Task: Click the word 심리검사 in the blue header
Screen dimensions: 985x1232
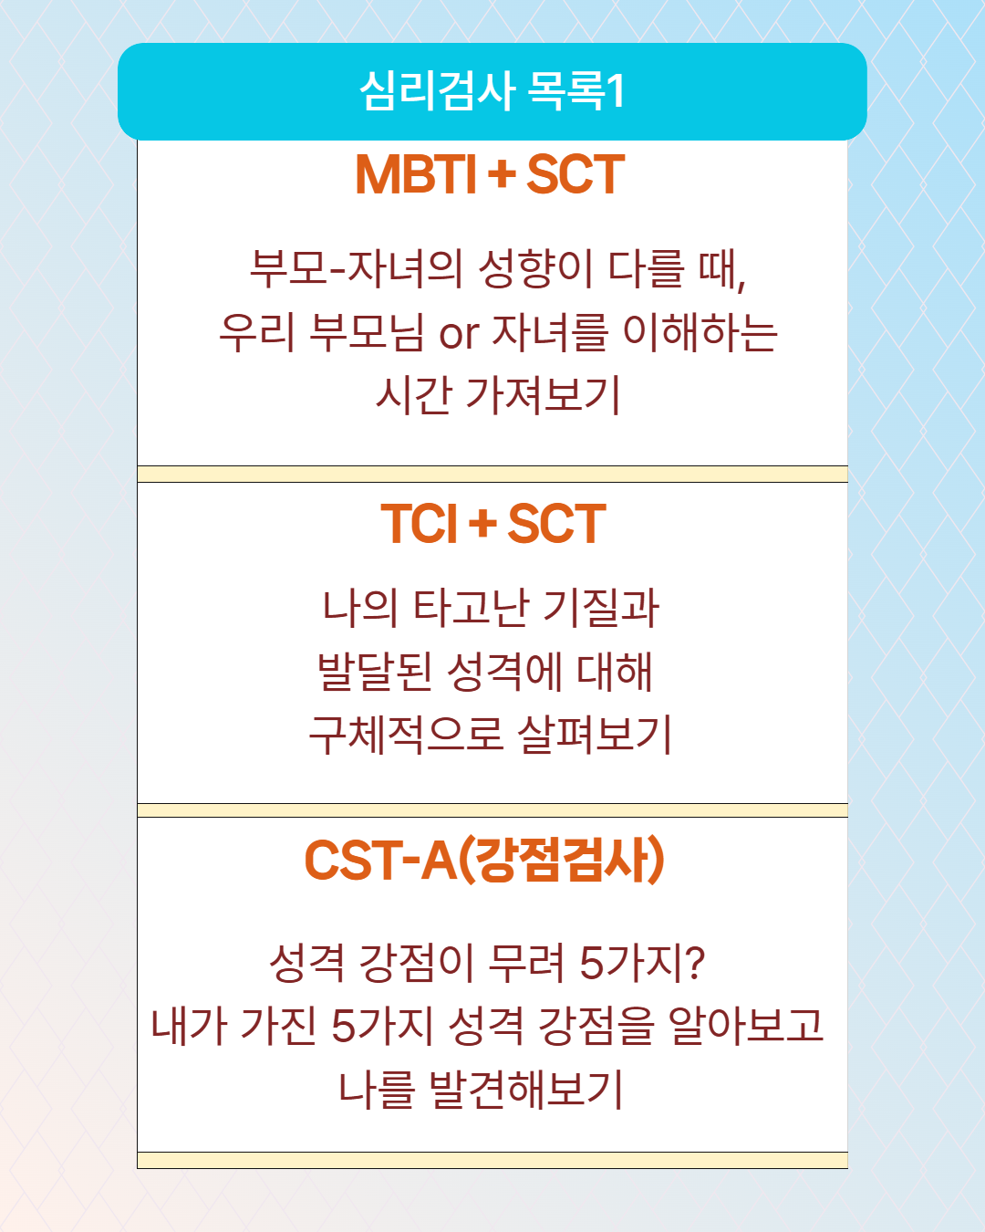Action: pos(437,90)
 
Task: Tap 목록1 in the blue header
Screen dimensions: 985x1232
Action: pos(576,90)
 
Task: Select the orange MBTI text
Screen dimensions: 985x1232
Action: pos(416,174)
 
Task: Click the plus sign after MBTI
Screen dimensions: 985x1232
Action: pos(503,174)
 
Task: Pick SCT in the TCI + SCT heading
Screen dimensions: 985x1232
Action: pos(556,523)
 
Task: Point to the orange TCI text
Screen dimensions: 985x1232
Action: pos(419,523)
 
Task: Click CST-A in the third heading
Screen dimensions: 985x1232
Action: pos(380,860)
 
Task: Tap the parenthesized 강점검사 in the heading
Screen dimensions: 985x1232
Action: pos(562,860)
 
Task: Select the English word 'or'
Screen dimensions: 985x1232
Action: pos(459,333)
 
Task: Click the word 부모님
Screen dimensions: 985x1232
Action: pos(367,332)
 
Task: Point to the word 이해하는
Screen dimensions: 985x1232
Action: pos(700,332)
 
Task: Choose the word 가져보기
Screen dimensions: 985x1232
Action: pos(544,395)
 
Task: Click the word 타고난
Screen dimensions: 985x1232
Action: pos(471,608)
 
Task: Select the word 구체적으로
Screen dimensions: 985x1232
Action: pos(407,735)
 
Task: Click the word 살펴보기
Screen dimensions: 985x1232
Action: pos(594,735)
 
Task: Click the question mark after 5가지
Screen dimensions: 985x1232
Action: pos(695,963)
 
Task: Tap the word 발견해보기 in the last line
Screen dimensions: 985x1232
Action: pos(525,1089)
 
